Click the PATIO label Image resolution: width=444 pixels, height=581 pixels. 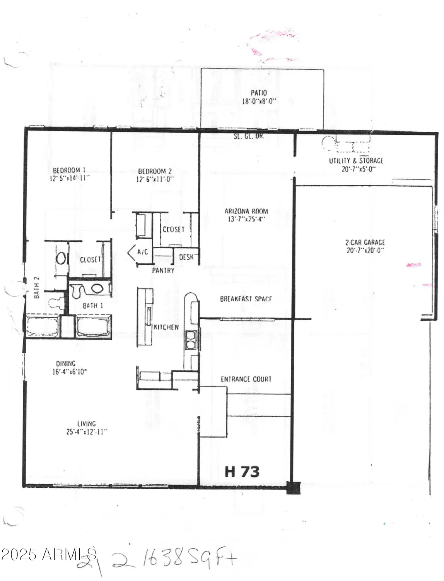tap(259, 93)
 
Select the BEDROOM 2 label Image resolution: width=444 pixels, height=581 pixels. tap(155, 171)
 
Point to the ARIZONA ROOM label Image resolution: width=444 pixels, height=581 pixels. tap(246, 211)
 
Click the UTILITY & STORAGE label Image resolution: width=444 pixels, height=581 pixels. tap(356, 160)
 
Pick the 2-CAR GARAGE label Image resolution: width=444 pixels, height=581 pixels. tap(365, 242)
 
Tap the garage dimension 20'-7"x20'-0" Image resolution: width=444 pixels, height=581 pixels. tap(365, 251)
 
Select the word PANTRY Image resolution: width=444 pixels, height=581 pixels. tap(163, 270)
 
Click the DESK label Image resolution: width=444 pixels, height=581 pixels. tap(186, 257)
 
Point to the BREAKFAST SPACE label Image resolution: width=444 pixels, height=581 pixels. tap(246, 299)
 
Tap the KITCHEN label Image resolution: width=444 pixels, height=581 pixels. tap(166, 327)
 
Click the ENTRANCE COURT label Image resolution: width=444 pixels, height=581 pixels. tap(246, 379)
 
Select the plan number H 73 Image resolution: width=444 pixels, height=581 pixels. tap(242, 472)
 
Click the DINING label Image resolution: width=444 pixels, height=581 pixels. tap(66, 363)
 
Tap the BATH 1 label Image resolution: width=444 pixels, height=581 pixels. tap(93, 306)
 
